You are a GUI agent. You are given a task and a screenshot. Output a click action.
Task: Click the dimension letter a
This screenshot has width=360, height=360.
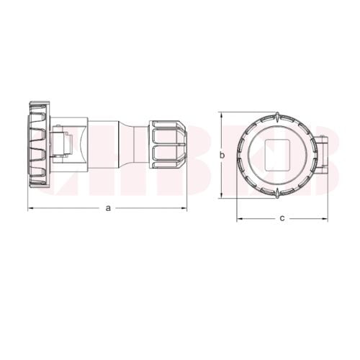(108, 208)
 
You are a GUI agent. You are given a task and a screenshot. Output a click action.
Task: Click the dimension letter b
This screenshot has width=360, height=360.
(223, 155)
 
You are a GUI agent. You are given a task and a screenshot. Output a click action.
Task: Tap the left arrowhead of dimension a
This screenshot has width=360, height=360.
(30, 209)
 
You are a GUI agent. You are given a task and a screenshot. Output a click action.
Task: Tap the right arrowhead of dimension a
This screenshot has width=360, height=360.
(184, 209)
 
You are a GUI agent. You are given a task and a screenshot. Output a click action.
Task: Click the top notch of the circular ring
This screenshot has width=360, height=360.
(277, 115)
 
